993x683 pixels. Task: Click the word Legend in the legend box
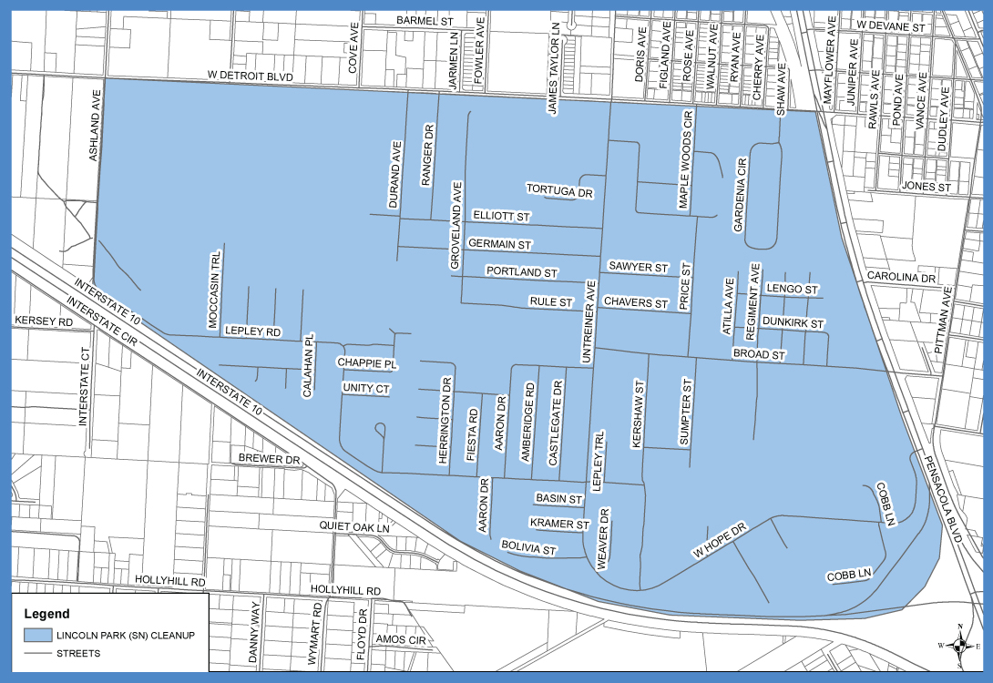46,615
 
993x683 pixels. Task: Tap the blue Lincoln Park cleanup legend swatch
37,635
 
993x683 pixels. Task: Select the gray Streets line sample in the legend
37,653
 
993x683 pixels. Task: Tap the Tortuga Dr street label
559,190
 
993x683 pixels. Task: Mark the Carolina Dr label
901,276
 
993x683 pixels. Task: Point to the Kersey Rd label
43,322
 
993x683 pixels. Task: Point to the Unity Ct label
366,389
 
